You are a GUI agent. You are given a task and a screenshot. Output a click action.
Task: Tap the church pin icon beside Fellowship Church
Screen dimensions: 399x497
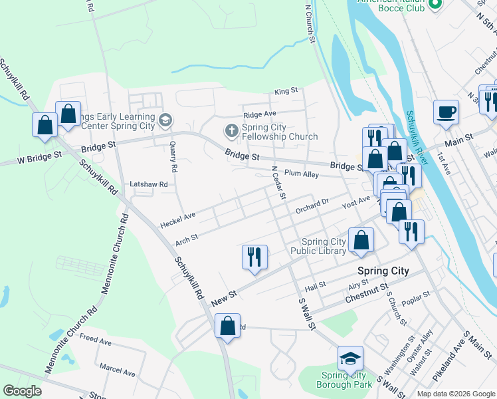[x=231, y=130]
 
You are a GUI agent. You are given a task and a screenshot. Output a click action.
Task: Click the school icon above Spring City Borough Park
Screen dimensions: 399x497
[x=350, y=359]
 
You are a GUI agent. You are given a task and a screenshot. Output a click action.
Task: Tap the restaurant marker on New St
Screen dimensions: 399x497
[x=254, y=257]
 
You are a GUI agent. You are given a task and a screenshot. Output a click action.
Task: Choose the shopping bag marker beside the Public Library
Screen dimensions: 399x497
[x=361, y=241]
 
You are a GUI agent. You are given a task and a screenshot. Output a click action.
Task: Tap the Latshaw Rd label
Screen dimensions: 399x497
[x=149, y=184]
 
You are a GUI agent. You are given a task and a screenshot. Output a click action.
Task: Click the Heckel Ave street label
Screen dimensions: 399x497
[x=178, y=217]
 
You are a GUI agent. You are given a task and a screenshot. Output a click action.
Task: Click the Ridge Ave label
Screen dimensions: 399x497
[x=260, y=114]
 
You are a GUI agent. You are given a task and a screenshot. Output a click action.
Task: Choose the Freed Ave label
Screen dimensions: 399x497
[x=96, y=340]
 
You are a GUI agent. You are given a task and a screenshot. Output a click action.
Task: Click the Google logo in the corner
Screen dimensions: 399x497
[x=22, y=391]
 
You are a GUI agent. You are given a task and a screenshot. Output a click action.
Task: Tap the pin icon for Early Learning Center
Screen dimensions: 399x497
[x=165, y=120]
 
